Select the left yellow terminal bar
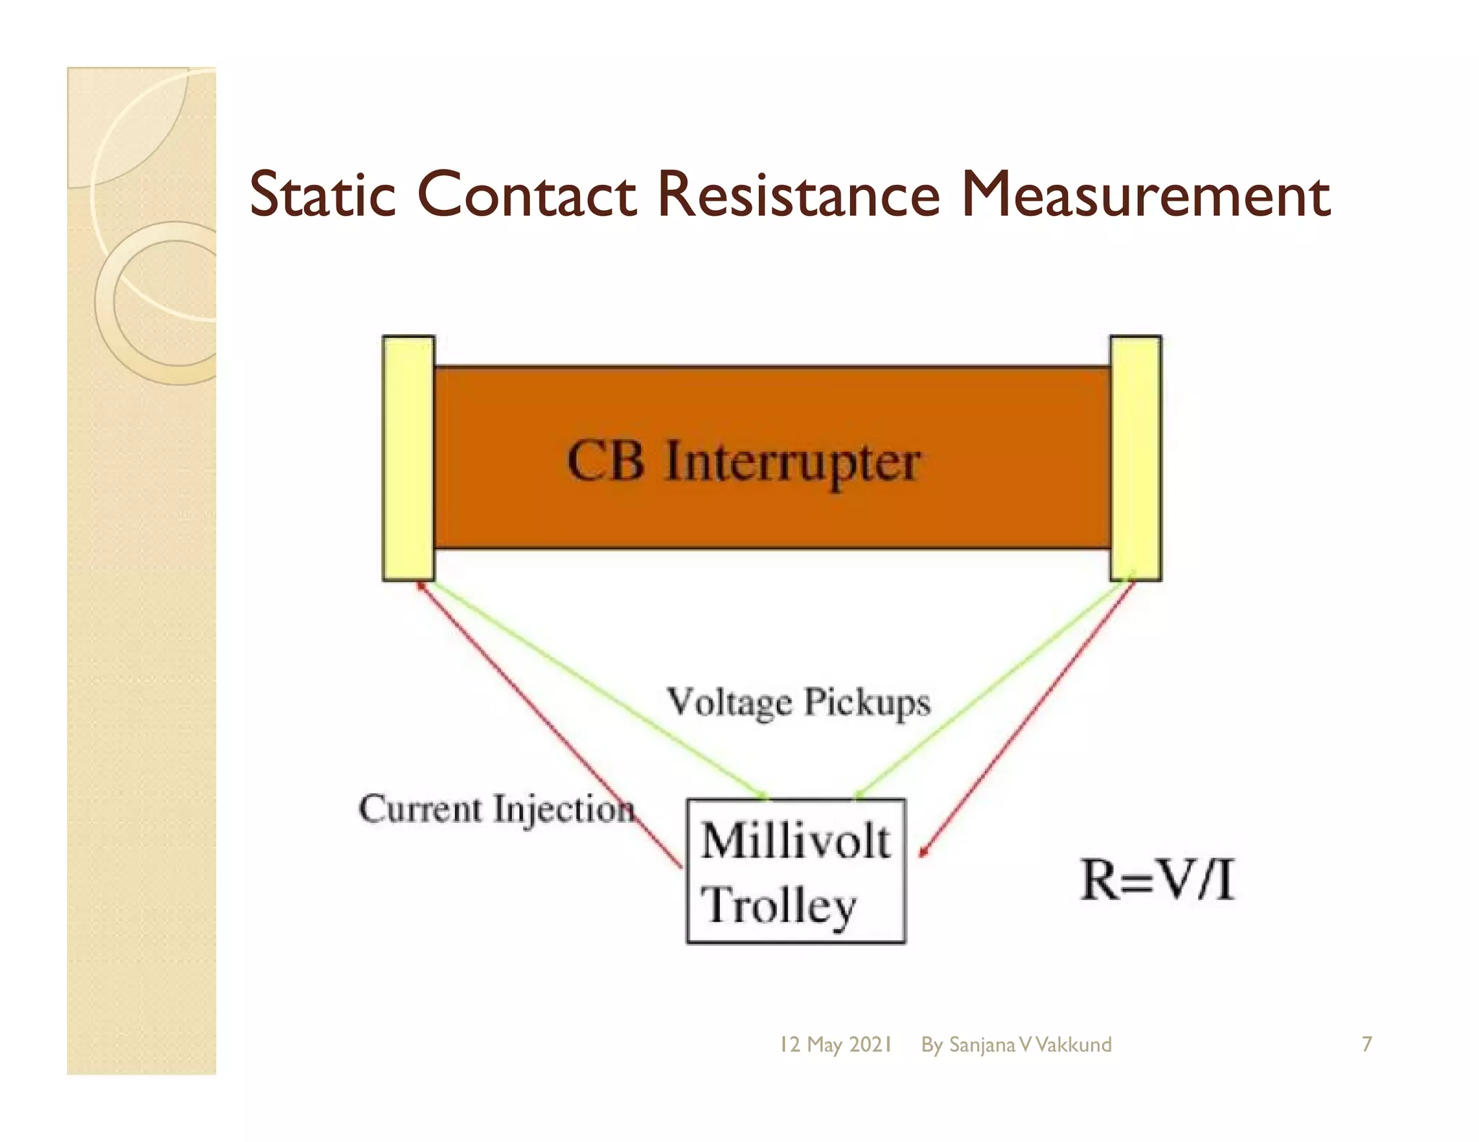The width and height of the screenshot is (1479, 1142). click(408, 458)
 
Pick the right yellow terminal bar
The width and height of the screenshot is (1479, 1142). click(1135, 458)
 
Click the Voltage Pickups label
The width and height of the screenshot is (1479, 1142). click(798, 702)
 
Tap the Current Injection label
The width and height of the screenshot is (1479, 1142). click(496, 808)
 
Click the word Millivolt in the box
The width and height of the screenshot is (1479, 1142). click(795, 841)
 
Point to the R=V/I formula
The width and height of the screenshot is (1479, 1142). click(1157, 880)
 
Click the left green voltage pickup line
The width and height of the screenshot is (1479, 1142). click(592, 686)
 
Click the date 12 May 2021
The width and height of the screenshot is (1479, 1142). click(836, 1045)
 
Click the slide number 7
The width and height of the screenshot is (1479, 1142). click(1366, 1044)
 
